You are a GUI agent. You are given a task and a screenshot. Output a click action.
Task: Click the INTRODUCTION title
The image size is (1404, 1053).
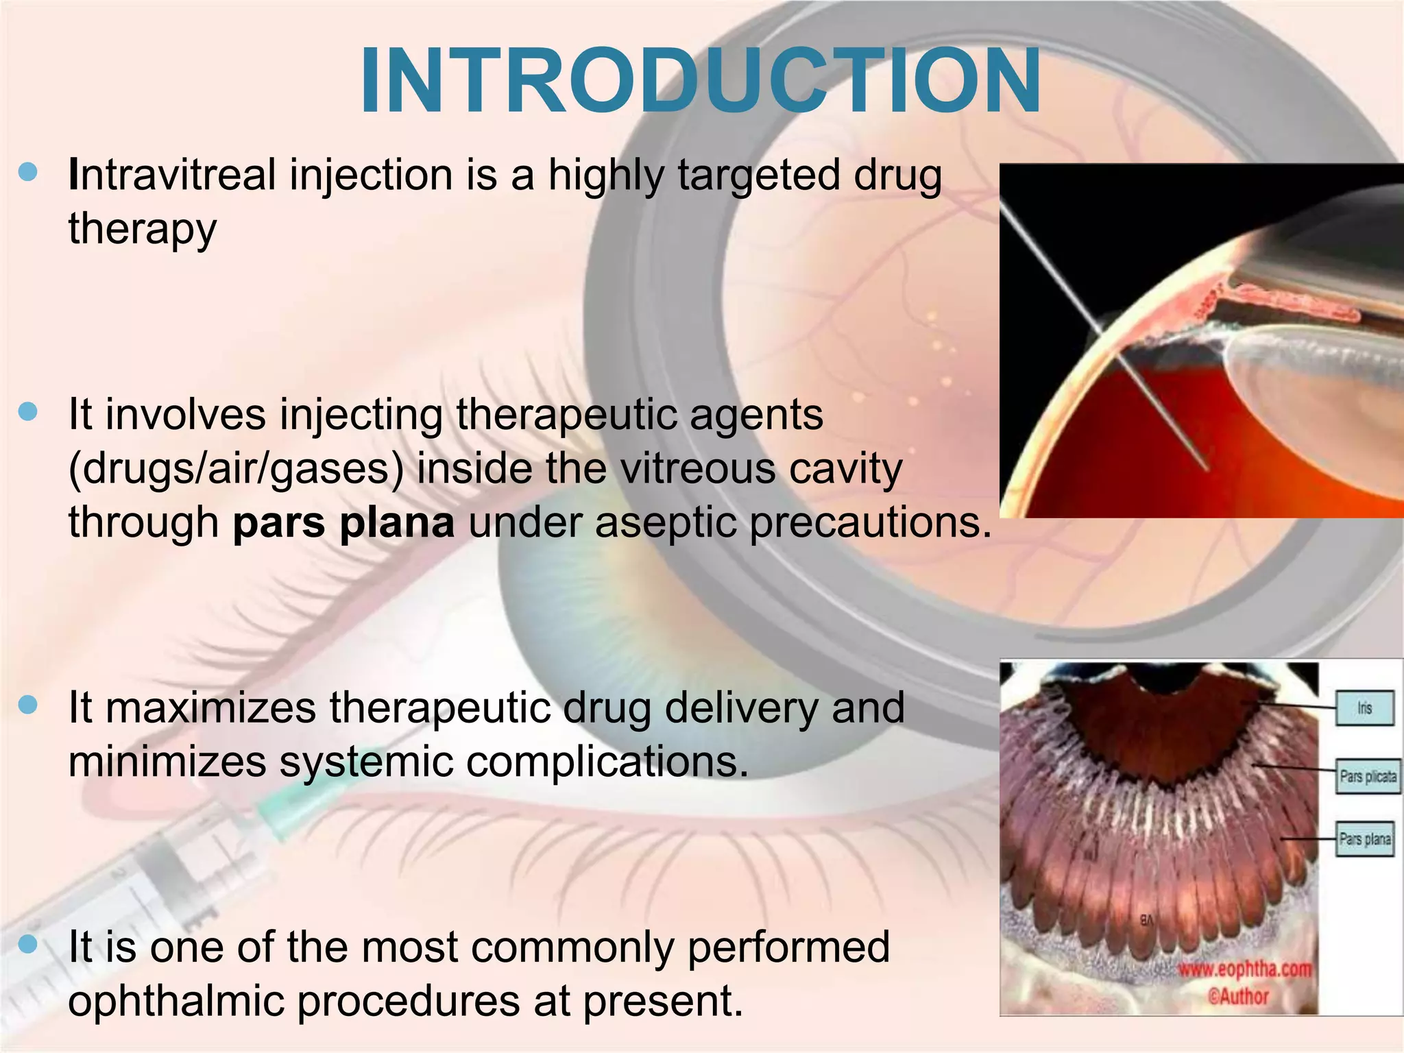pyautogui.click(x=701, y=81)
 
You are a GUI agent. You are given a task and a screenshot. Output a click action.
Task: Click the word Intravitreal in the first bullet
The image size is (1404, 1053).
pyautogui.click(x=171, y=175)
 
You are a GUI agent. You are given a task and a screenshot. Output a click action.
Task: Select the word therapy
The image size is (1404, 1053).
pyautogui.click(x=142, y=229)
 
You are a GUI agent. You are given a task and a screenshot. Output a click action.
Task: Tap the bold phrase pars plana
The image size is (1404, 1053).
pyautogui.click(x=343, y=523)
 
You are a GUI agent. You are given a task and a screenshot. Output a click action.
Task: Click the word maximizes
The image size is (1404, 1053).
pyautogui.click(x=210, y=708)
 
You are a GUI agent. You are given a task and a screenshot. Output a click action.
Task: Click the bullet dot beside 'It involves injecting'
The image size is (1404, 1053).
pyautogui.click(x=28, y=411)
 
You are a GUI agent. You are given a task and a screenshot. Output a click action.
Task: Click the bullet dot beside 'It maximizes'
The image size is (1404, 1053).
pyautogui.click(x=28, y=705)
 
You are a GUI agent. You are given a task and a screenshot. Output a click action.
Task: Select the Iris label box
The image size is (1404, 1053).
pyautogui.click(x=1364, y=708)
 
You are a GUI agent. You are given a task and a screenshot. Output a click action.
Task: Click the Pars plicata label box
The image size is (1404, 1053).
pyautogui.click(x=1368, y=777)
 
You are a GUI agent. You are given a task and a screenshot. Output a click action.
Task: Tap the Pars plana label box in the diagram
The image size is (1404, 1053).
pyautogui.click(x=1365, y=839)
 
